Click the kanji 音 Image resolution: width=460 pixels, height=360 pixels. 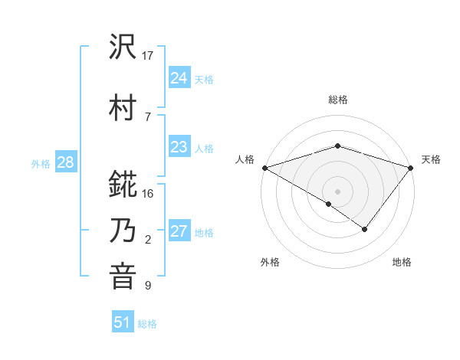[x=123, y=276]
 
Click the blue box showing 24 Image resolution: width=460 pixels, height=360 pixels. [x=179, y=78]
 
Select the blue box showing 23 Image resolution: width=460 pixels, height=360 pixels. [x=179, y=147]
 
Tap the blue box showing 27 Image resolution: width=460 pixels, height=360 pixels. [x=179, y=231]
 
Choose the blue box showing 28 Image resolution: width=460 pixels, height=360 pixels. [x=64, y=162]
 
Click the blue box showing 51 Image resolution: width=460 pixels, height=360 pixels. [x=123, y=322]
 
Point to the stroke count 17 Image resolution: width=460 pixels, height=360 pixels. [x=148, y=56]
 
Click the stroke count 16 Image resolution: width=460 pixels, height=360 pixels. [x=148, y=194]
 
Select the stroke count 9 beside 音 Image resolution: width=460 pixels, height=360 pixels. [x=147, y=286]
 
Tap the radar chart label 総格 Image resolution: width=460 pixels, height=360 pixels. [x=337, y=100]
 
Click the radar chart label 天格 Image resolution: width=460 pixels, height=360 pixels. [x=431, y=159]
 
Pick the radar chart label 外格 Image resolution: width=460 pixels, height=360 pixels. [x=270, y=263]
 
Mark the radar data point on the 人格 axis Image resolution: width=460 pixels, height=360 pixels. [x=264, y=167]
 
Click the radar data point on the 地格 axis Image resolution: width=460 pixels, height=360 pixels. [x=365, y=229]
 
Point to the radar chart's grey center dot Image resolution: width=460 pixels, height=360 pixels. [x=337, y=191]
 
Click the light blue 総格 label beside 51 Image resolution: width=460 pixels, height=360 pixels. [x=147, y=324]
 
